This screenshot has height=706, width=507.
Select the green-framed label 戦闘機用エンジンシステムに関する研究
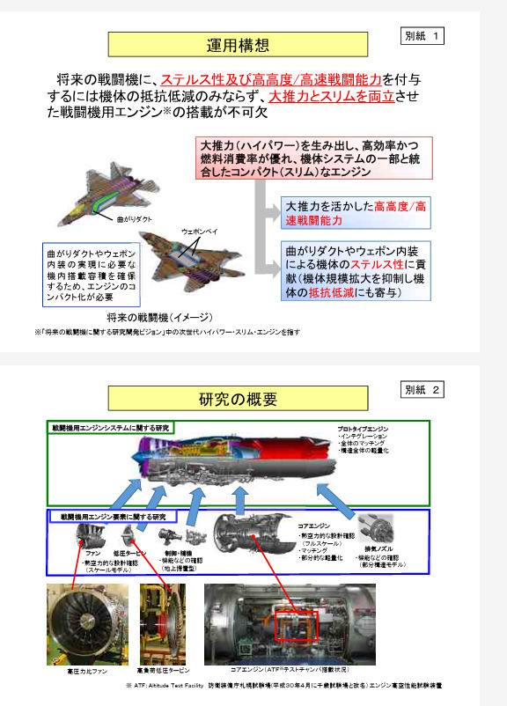point(111,427)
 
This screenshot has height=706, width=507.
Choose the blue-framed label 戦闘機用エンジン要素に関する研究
point(113,516)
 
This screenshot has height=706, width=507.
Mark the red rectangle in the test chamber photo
point(297,626)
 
